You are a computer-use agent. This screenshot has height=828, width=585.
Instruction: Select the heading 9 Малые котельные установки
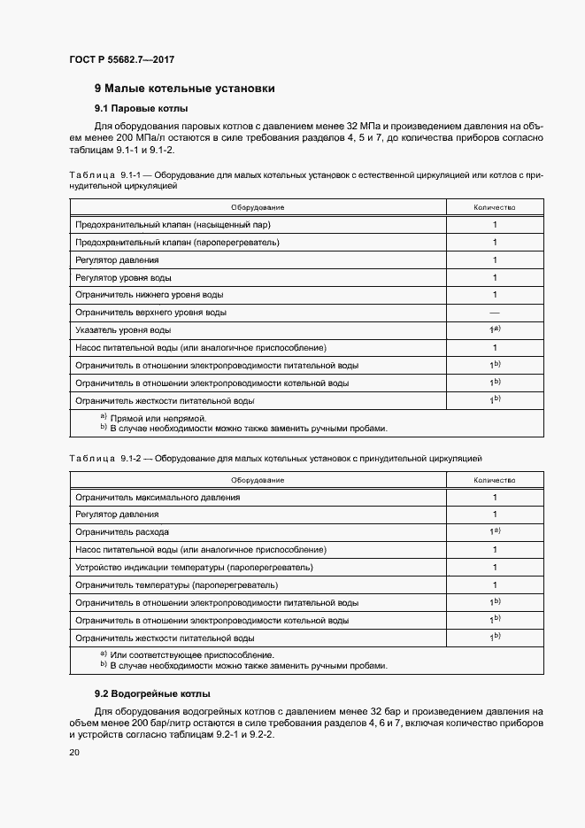click(x=184, y=89)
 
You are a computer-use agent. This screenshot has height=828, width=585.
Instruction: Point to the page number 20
click(x=74, y=752)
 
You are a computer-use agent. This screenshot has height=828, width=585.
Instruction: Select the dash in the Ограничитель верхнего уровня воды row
click(x=494, y=313)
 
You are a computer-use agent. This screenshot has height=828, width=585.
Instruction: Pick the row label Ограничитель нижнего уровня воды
click(x=150, y=295)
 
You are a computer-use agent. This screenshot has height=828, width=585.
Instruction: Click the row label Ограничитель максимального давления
click(x=158, y=497)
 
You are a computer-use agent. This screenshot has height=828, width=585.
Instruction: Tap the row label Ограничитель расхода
click(x=122, y=532)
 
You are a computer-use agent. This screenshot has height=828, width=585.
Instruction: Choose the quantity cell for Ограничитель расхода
click(x=494, y=531)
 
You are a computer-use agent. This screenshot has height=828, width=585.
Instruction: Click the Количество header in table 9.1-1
click(x=494, y=207)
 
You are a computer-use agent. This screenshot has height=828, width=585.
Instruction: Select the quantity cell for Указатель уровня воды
click(x=494, y=329)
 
